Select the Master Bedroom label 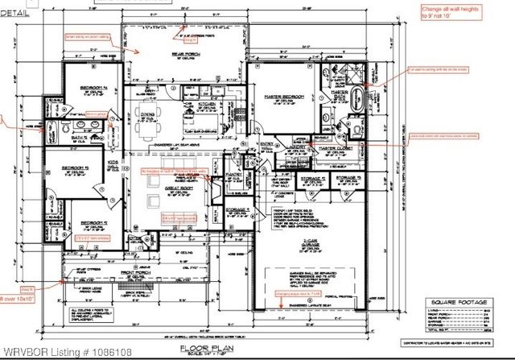click(280, 97)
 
